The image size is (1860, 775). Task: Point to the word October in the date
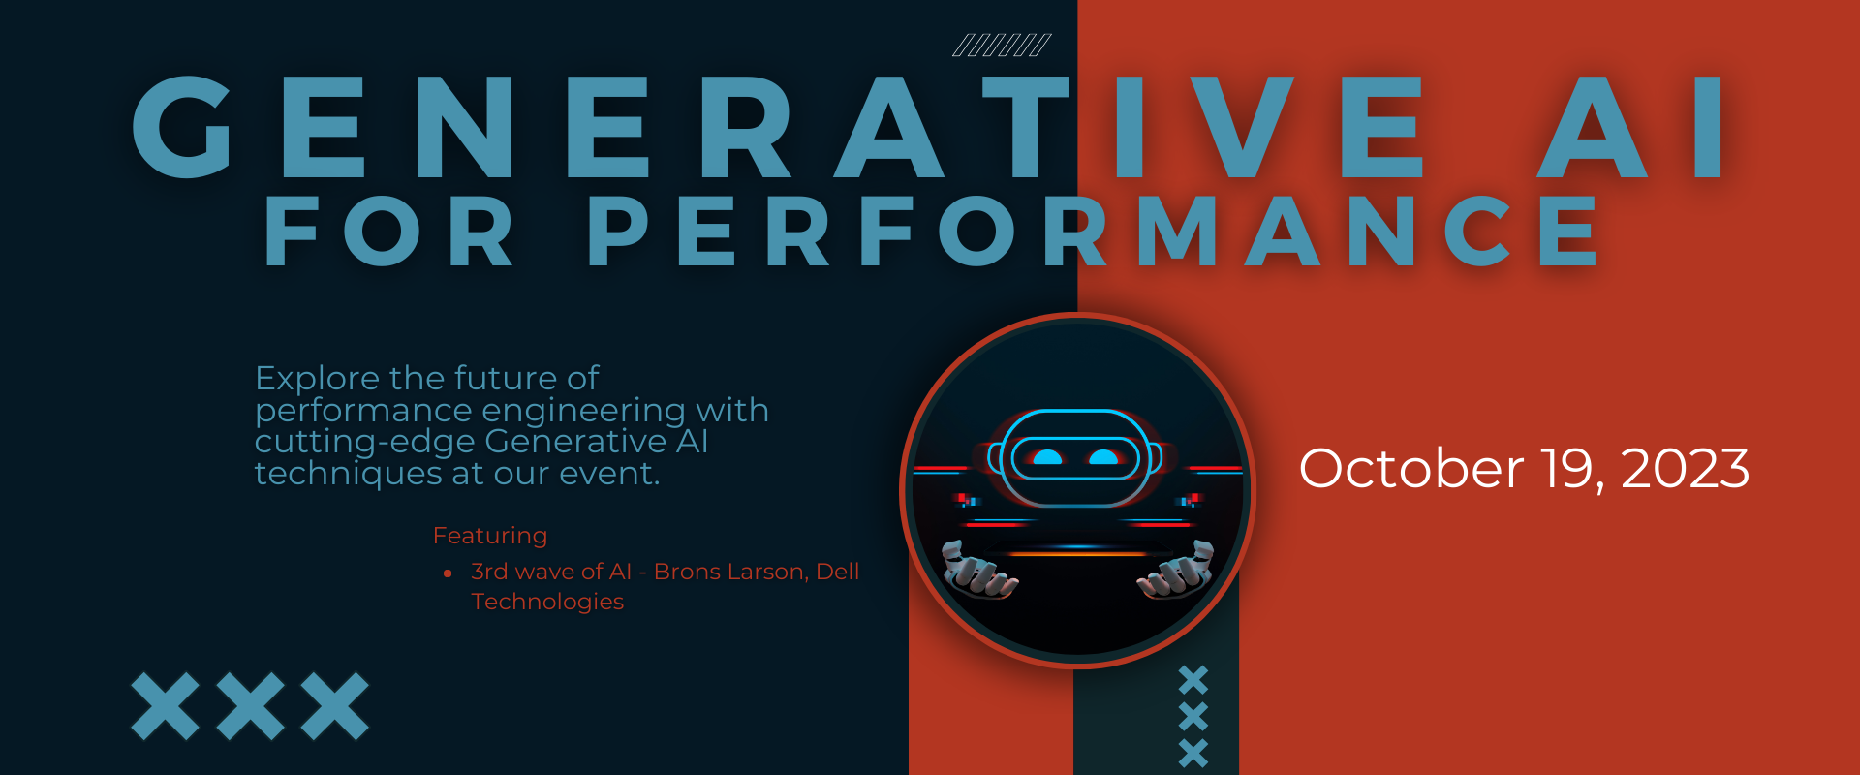[1410, 469]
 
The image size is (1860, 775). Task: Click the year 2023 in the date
[1685, 469]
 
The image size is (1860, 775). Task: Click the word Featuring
[490, 536]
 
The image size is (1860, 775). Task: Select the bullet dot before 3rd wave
[448, 573]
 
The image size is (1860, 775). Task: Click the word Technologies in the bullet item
[547, 602]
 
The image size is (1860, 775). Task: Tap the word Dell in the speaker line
[838, 572]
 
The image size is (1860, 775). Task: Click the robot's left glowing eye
[1047, 457]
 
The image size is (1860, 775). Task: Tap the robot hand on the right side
[1177, 572]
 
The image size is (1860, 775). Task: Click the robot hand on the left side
[978, 572]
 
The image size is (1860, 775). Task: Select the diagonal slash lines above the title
[1002, 46]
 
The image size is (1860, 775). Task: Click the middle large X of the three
[250, 706]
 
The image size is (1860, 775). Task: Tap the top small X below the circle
[1193, 680]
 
